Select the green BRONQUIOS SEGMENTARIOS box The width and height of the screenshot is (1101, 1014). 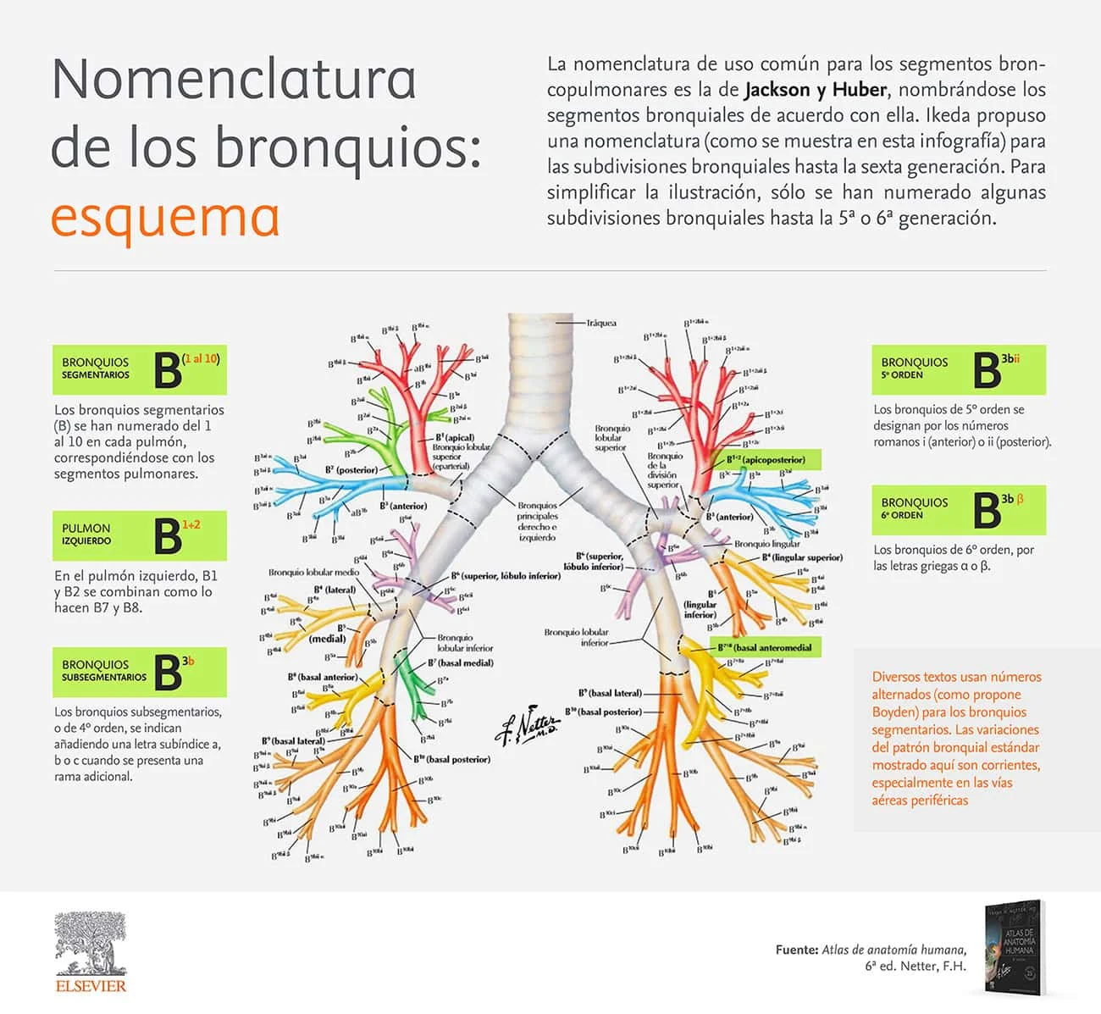(139, 369)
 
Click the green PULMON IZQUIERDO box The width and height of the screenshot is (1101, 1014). (139, 535)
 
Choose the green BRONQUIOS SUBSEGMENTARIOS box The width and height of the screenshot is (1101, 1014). (139, 672)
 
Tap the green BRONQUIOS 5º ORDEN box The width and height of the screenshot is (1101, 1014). (959, 369)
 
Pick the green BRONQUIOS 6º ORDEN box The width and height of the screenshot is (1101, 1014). (959, 509)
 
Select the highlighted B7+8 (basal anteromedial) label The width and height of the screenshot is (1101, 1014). (764, 648)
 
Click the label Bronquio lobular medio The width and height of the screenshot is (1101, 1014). (314, 573)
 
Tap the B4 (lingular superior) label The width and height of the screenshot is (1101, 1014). (801, 557)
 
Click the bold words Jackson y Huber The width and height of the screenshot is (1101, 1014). (816, 90)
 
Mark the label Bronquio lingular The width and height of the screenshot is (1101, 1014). (766, 544)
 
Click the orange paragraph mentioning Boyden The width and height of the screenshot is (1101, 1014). (956, 738)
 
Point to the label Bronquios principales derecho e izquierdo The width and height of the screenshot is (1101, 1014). (537, 521)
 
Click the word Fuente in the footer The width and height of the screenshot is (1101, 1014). (796, 950)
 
